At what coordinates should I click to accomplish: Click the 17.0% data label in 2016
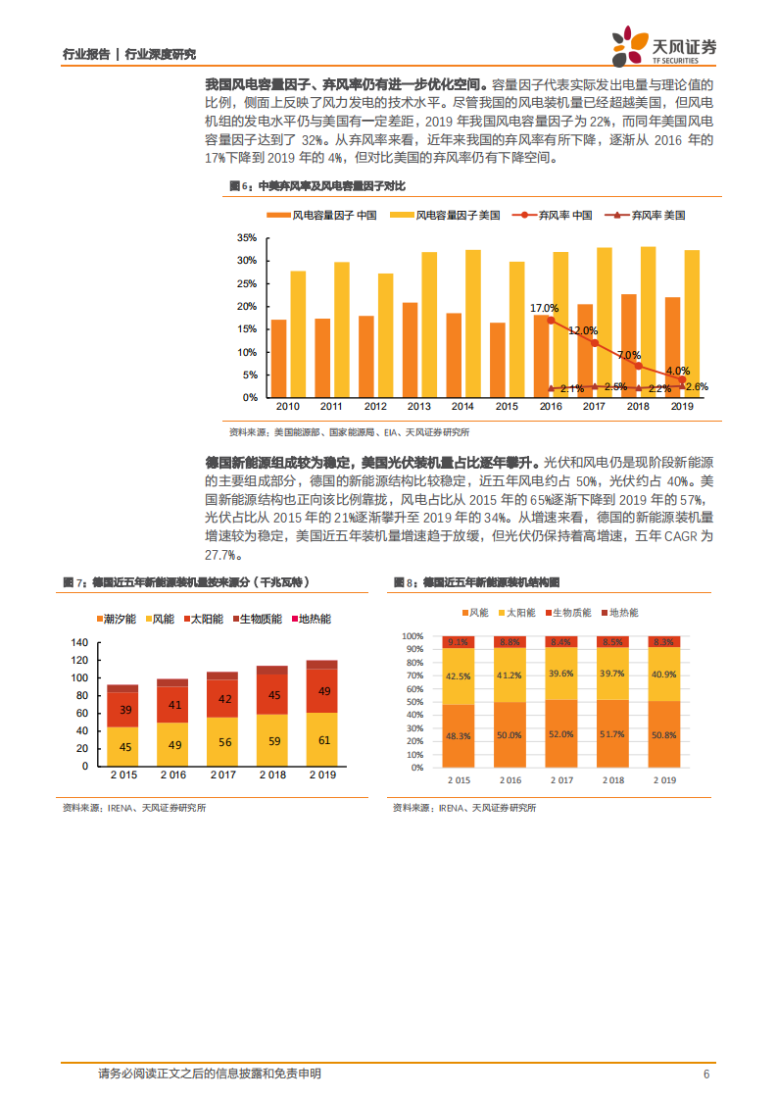click(x=544, y=308)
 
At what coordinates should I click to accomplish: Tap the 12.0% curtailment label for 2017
click(x=582, y=331)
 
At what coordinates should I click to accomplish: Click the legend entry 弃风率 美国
click(x=647, y=215)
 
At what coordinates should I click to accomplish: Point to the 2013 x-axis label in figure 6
click(x=418, y=406)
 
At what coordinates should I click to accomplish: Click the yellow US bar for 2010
click(x=298, y=333)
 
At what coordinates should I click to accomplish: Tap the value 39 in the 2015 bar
click(x=122, y=710)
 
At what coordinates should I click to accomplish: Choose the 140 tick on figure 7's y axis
click(x=79, y=642)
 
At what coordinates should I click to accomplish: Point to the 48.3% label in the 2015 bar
click(x=457, y=735)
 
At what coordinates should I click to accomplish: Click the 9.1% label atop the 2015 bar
click(x=457, y=642)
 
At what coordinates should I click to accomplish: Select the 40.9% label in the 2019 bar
click(x=663, y=675)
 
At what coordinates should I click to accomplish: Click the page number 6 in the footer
click(x=705, y=1075)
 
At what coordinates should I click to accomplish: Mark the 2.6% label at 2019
click(x=697, y=387)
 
